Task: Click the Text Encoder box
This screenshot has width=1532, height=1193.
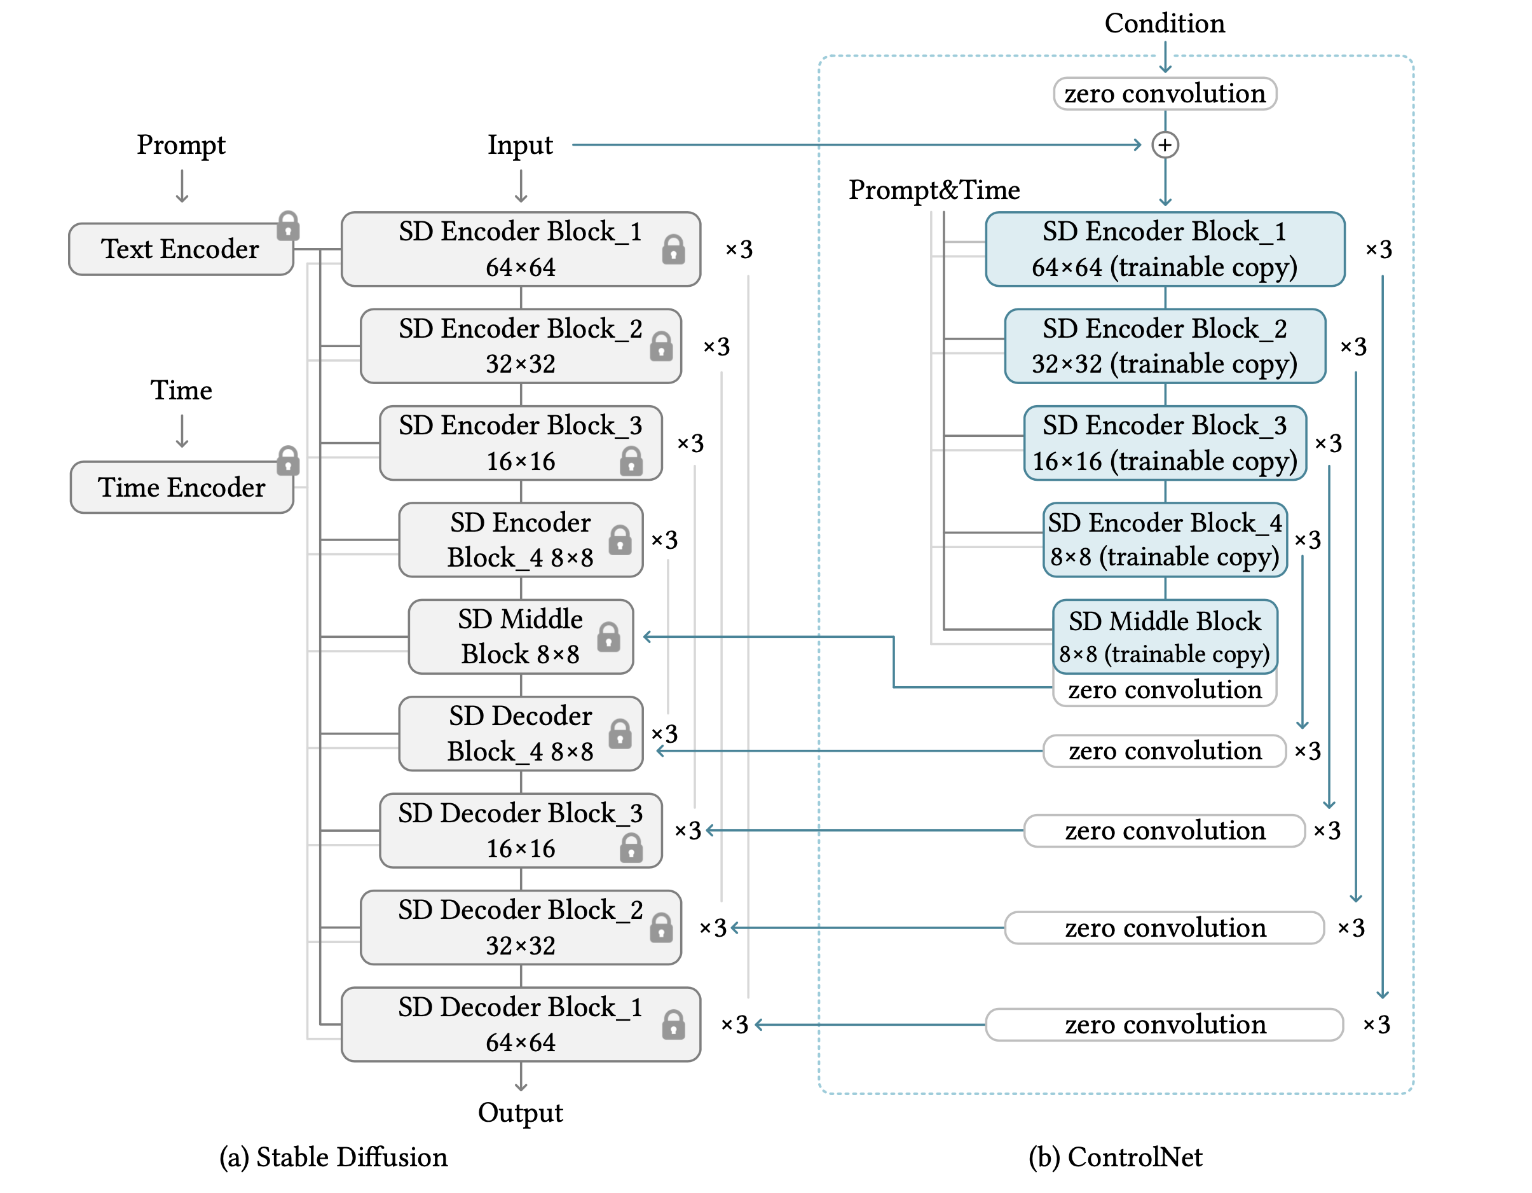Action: tap(181, 249)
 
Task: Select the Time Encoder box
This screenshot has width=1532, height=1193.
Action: tap(182, 487)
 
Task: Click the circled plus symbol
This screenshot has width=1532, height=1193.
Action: tap(1165, 145)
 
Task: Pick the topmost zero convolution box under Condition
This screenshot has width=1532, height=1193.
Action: tap(1165, 93)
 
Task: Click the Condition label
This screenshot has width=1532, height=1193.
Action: tap(1165, 23)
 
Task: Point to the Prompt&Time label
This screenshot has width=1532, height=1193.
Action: tap(934, 190)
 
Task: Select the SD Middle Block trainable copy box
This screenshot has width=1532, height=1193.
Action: tap(1165, 637)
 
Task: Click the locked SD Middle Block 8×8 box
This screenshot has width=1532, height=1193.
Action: tap(521, 637)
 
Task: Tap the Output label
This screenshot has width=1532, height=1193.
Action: tap(521, 1113)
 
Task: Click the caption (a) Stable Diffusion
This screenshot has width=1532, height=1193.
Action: tap(333, 1157)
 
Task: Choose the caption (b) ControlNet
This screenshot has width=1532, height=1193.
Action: tap(1116, 1157)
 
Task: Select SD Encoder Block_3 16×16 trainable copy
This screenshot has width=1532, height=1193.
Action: tap(1165, 443)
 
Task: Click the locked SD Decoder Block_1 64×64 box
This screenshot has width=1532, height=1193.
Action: tap(521, 1024)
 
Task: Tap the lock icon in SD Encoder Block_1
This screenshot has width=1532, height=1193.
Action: tap(673, 249)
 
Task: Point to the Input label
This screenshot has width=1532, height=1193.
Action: tap(521, 145)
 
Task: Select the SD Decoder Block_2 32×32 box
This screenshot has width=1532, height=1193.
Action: tap(521, 928)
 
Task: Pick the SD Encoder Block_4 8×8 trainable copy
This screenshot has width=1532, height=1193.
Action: tap(1165, 540)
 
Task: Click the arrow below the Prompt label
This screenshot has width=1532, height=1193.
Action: tap(182, 187)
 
